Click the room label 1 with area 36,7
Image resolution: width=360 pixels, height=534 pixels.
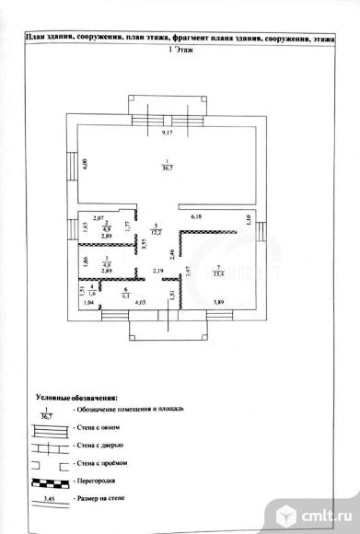point(168,166)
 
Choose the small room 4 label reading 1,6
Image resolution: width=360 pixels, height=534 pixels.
point(91,290)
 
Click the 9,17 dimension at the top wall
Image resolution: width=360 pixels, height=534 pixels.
point(167,134)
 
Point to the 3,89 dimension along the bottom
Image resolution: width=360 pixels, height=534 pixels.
point(218,302)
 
